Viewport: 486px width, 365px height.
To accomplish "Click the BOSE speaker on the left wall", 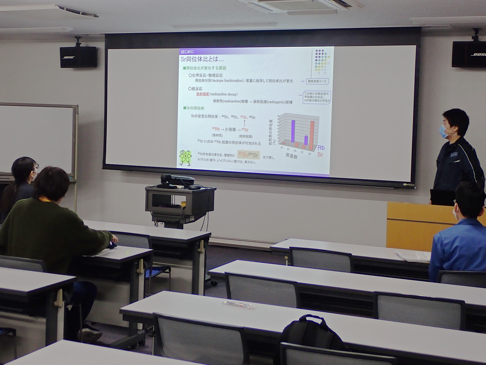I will [78, 57].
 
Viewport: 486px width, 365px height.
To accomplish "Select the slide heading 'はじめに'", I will [187, 52].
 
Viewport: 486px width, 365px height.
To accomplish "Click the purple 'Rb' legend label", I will [321, 148].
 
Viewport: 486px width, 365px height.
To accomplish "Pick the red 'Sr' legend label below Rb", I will [320, 155].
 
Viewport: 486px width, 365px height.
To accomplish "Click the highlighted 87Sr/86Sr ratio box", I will [248, 155].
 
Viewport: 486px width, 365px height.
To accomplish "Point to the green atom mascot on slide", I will [185, 158].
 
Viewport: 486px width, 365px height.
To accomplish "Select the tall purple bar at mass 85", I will [293, 131].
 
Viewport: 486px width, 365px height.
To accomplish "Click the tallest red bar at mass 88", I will [312, 135].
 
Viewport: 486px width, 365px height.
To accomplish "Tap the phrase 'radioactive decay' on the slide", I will [224, 94].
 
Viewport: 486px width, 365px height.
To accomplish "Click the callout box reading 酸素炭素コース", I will [317, 81].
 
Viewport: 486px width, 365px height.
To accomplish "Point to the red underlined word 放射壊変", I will [202, 94].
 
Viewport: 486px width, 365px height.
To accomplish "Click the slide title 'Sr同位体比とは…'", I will [202, 59].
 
